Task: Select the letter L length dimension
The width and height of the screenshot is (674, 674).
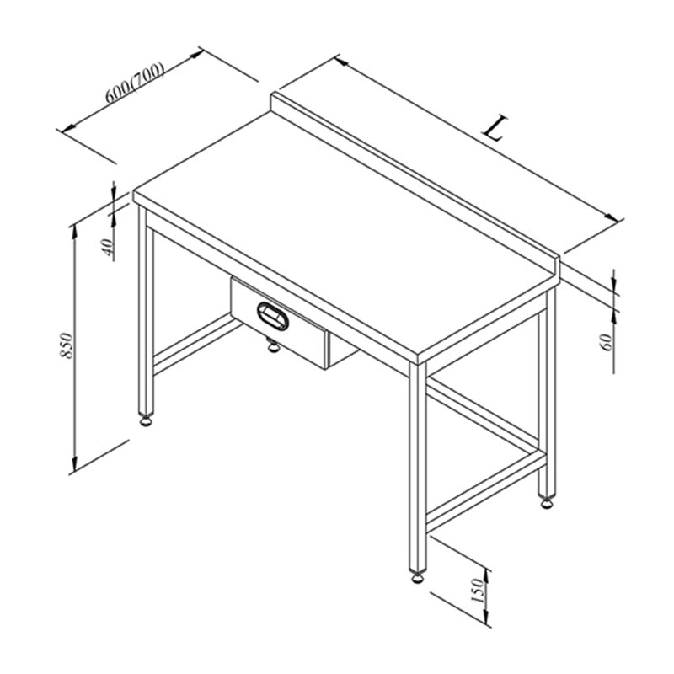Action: [x=495, y=128]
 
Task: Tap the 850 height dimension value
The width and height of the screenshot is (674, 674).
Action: [x=66, y=345]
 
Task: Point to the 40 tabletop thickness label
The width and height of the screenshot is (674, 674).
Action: [x=109, y=246]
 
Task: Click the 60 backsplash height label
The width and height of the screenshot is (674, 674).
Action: [x=607, y=342]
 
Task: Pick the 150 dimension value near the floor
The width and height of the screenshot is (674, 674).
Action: [x=478, y=591]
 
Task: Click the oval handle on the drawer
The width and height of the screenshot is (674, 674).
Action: [x=272, y=316]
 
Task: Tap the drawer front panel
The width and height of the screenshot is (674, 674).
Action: [x=280, y=323]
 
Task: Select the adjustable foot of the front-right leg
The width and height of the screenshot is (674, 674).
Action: [x=417, y=576]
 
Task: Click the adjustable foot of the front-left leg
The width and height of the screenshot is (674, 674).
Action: [x=146, y=420]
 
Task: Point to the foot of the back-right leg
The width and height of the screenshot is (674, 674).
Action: [x=547, y=501]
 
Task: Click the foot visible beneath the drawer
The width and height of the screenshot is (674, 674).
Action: [x=273, y=345]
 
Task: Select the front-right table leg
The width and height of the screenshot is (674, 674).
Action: [x=417, y=467]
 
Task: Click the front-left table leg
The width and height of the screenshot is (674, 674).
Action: [x=146, y=309]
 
